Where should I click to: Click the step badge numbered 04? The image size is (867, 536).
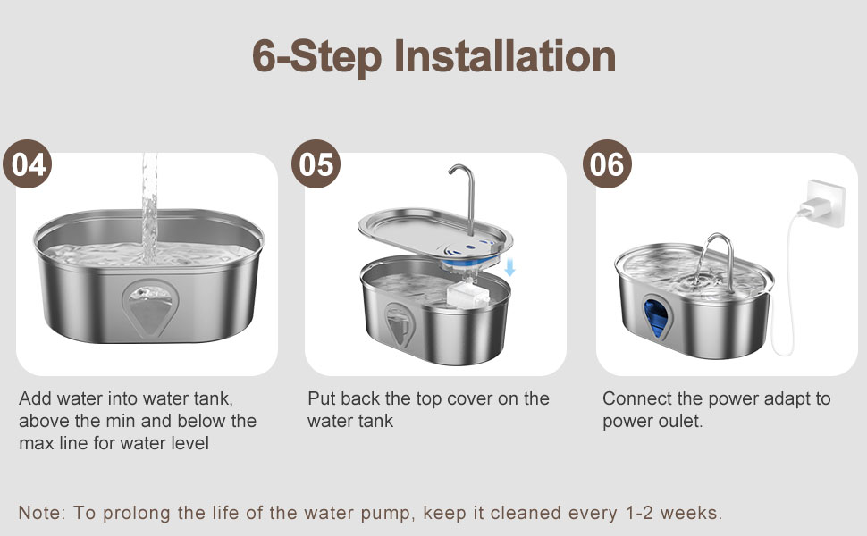(x=27, y=164)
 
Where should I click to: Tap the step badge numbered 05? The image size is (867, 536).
(x=316, y=164)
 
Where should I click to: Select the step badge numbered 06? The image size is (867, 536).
(x=607, y=164)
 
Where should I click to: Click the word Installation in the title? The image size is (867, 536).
(x=505, y=57)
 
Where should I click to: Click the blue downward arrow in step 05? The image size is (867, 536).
(x=509, y=267)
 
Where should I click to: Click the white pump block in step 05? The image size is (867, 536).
(x=467, y=294)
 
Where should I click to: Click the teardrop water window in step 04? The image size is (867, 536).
(x=149, y=308)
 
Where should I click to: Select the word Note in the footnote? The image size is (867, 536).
(x=40, y=513)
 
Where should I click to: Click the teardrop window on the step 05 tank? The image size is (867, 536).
(x=399, y=325)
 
